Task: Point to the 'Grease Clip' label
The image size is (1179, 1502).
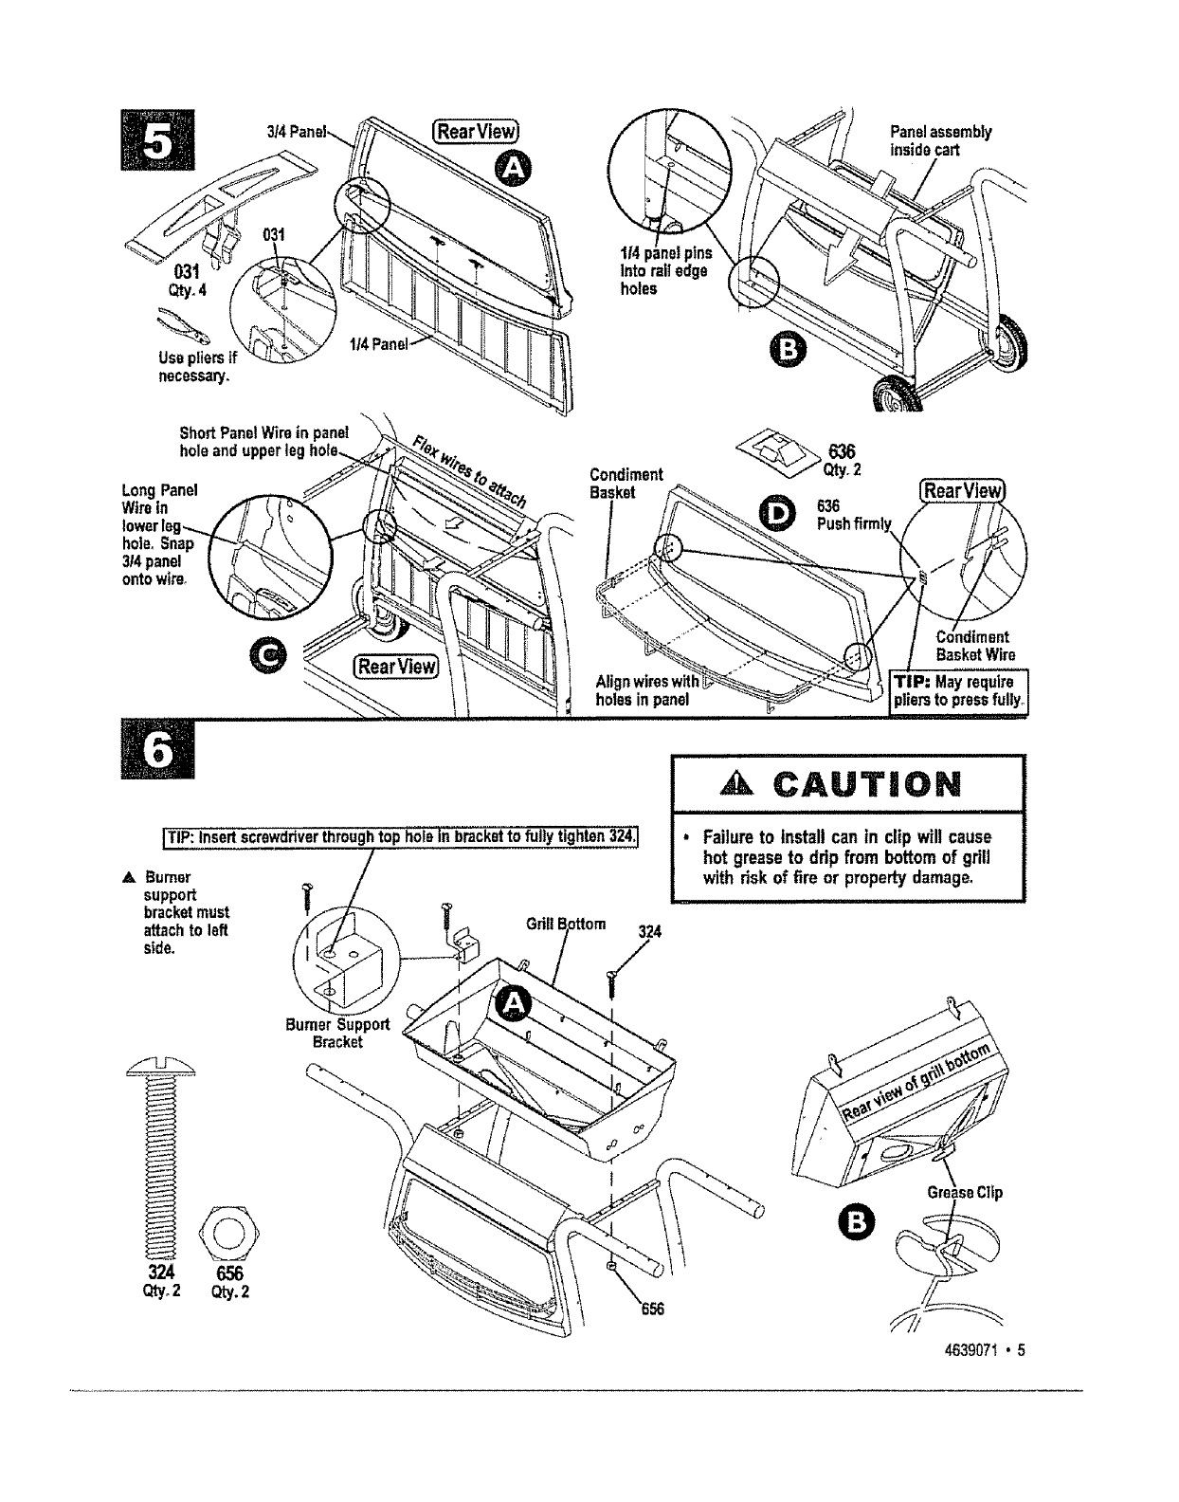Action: [x=962, y=1193]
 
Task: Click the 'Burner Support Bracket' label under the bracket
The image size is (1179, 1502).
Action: [x=337, y=1033]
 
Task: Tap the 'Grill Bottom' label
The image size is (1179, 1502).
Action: [x=566, y=924]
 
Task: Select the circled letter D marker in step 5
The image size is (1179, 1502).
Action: [x=779, y=514]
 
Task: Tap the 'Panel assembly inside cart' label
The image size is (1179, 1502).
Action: [x=939, y=141]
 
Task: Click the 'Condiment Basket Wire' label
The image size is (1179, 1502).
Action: [x=975, y=646]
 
